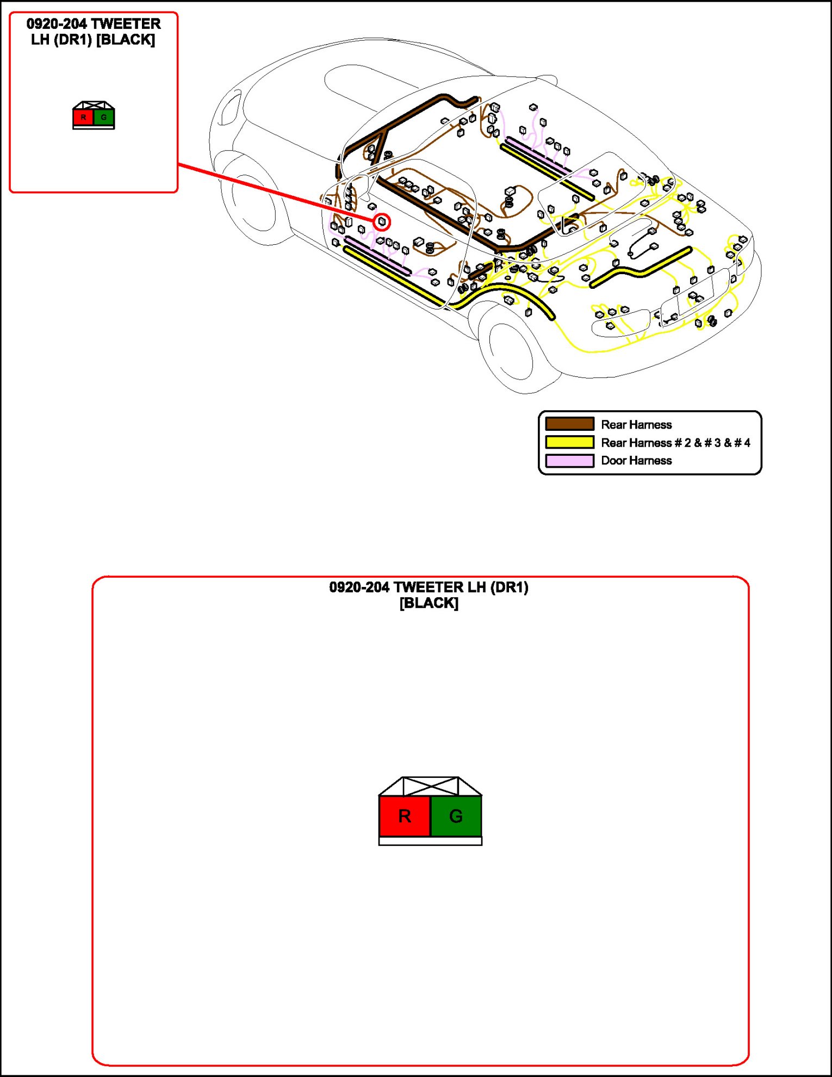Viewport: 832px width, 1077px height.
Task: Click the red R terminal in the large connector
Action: [405, 815]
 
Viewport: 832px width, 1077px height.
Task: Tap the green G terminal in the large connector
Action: [456, 815]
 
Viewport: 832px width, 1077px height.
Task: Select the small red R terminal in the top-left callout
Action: [83, 117]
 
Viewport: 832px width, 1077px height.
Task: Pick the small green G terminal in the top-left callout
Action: [103, 117]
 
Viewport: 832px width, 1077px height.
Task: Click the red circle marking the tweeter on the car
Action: [382, 222]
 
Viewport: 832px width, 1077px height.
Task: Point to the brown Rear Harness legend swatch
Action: [569, 424]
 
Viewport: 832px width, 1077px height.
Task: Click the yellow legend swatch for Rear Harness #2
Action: [569, 442]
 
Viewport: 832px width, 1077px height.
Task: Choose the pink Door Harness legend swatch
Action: [569, 461]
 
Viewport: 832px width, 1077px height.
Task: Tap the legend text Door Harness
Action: [636, 461]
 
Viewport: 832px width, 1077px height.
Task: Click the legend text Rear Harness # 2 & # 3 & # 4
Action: [675, 443]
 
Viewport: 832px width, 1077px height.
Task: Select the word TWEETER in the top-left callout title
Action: [126, 24]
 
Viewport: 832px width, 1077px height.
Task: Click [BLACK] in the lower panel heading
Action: [429, 603]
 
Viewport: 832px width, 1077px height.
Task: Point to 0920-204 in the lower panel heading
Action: [359, 587]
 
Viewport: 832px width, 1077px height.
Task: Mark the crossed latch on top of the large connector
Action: [430, 786]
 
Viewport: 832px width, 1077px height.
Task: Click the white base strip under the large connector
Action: [430, 841]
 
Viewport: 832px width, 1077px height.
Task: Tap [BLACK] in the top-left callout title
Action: [126, 40]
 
